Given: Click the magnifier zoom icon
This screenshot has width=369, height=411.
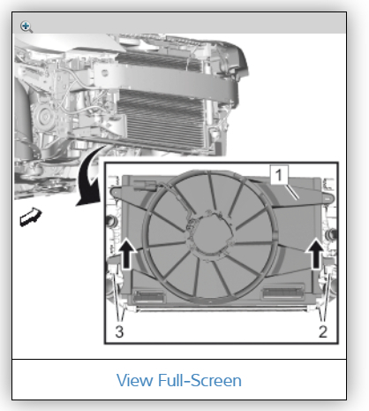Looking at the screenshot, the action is [x=26, y=27].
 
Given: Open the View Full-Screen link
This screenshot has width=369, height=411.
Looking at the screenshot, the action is [x=179, y=380].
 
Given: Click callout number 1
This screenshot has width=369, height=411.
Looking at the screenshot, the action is [x=279, y=175].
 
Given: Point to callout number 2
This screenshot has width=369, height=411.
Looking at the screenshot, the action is [x=323, y=331].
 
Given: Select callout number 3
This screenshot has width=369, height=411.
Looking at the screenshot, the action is [x=119, y=331].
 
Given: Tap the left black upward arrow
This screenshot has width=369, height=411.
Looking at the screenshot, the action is [x=126, y=254].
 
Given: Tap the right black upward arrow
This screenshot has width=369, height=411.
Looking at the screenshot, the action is [x=316, y=254].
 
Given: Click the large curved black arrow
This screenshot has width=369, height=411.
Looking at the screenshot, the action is [x=89, y=179].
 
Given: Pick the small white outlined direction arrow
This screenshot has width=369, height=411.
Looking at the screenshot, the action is [x=31, y=217].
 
